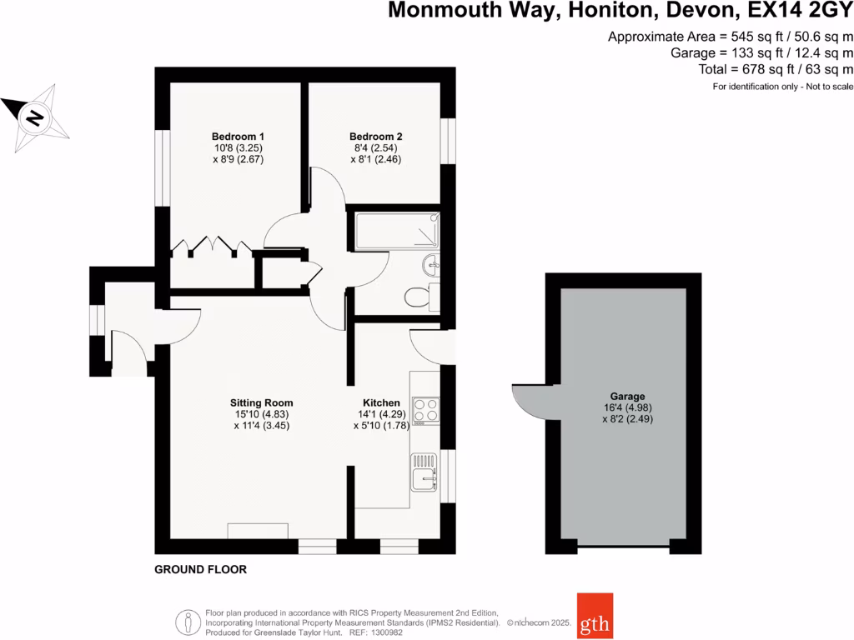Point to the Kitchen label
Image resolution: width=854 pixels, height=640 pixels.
(x=376, y=402)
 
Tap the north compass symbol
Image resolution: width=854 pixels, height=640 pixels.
(x=35, y=116)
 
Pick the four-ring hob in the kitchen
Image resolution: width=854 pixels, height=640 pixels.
(x=425, y=409)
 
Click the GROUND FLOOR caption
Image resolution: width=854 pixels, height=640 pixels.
(x=201, y=570)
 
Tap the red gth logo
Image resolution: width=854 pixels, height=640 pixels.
(x=595, y=614)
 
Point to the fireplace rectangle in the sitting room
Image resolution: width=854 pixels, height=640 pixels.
(x=259, y=531)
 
